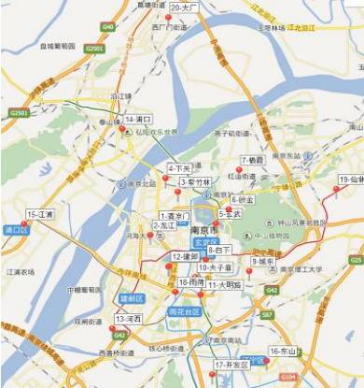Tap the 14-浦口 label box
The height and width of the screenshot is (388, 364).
(137, 120)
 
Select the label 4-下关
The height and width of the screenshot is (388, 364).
(178, 167)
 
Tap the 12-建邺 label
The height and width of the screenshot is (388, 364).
(185, 255)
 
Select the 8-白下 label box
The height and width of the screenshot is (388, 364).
(220, 250)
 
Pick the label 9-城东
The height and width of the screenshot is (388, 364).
(262, 261)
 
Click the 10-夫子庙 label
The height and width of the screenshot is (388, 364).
(215, 267)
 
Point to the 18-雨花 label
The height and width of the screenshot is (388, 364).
(191, 281)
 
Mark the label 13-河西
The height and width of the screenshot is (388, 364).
(127, 319)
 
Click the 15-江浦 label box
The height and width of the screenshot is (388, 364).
(40, 214)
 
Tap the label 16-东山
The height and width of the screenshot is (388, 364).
(282, 352)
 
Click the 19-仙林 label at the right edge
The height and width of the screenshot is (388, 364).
(351, 179)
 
